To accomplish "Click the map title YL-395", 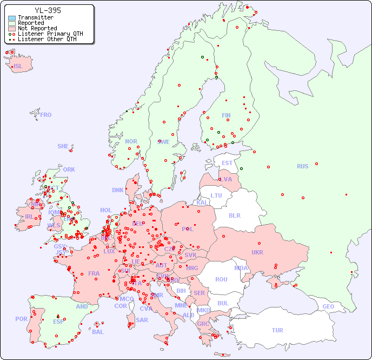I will point(48,10).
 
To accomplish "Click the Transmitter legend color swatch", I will point(12,18).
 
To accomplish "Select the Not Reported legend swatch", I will point(12,29).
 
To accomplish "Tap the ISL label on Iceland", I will point(18,67).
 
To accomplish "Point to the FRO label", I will point(46,115).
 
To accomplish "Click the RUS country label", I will point(302,166).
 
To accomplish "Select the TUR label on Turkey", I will point(277,330).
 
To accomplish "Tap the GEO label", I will point(328,306).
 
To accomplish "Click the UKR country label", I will point(257,252).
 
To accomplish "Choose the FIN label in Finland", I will point(226,115).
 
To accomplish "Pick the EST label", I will point(227,163).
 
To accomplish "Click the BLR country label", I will point(235,215).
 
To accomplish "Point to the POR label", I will point(21,319).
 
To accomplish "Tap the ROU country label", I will point(221,279).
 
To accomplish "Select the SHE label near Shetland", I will point(63,146).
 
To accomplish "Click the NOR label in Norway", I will point(131,141).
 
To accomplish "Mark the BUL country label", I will point(223,303).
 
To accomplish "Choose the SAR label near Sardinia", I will point(142,320).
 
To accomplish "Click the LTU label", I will point(216,195).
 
